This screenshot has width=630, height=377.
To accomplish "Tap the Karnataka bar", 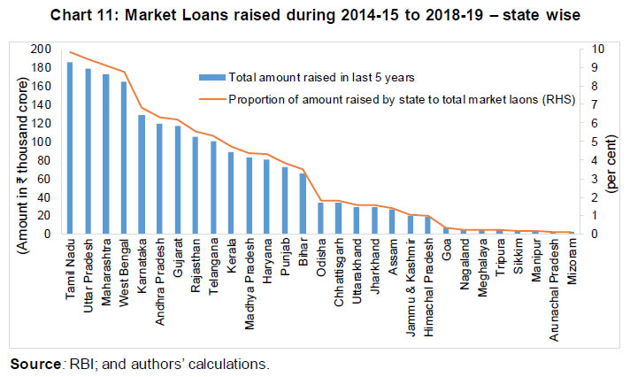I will (142, 174).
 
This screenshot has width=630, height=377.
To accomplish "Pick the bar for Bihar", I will (303, 204).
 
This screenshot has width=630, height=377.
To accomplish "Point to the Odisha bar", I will (320, 219).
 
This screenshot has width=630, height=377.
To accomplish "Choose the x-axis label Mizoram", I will (571, 258).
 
